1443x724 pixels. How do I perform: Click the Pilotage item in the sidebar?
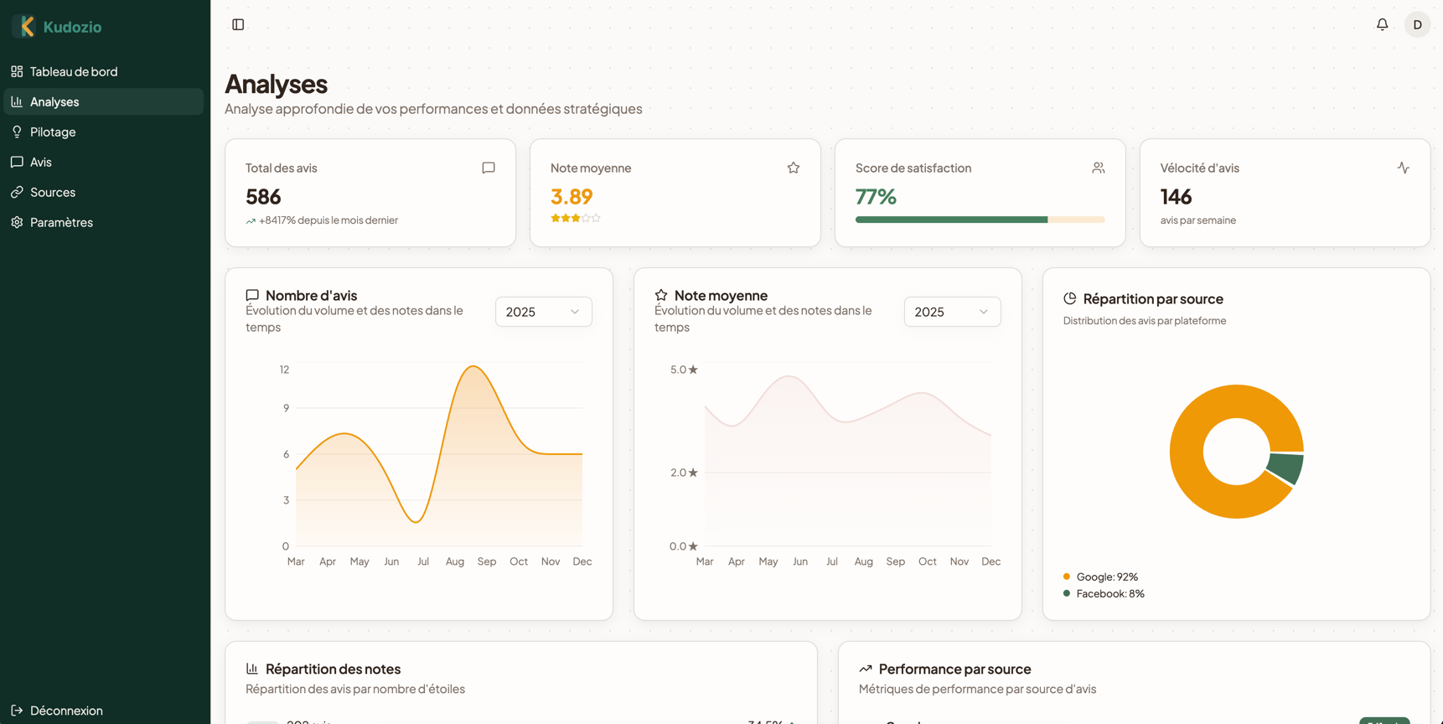pos(53,132)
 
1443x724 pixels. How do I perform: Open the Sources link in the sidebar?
pos(52,192)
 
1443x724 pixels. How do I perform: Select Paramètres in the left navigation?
pos(61,222)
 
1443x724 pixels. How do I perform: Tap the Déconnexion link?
pos(65,711)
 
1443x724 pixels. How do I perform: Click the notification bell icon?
pos(1382,24)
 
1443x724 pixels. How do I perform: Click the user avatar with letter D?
pos(1417,24)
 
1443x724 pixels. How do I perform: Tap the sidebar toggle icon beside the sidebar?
pos(238,24)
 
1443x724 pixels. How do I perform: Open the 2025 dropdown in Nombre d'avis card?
pos(543,312)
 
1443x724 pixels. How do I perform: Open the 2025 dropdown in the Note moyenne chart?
pos(952,312)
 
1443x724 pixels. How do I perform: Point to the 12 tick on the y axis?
pos(285,370)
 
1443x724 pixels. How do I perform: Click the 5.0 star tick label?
pos(684,370)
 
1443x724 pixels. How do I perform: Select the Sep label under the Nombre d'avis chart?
pos(487,561)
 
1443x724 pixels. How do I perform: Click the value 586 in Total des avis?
pos(263,197)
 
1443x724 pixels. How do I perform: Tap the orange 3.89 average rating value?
pos(572,196)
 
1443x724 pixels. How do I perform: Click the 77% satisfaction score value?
pos(876,197)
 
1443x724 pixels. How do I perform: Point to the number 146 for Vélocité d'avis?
pos(1176,197)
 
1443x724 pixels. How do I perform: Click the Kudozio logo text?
pos(72,27)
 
